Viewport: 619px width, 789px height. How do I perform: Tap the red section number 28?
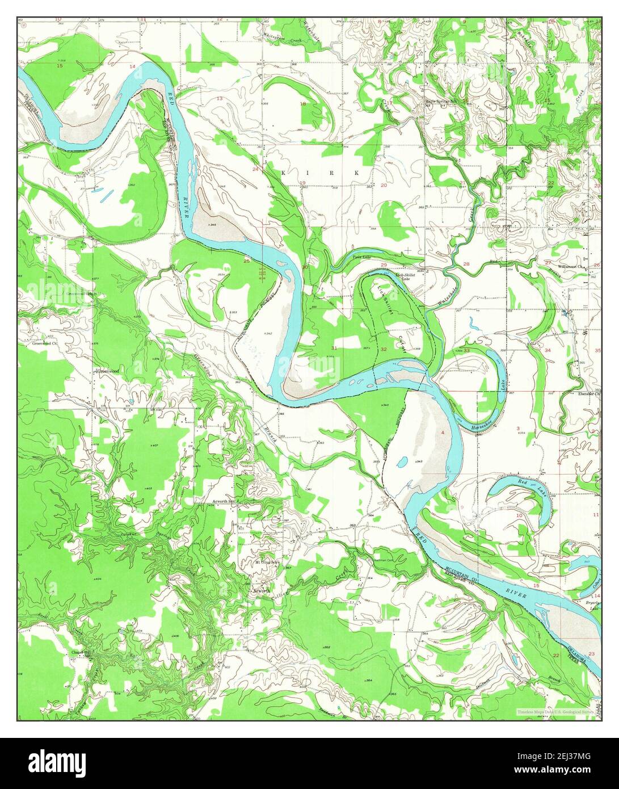[466, 265]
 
